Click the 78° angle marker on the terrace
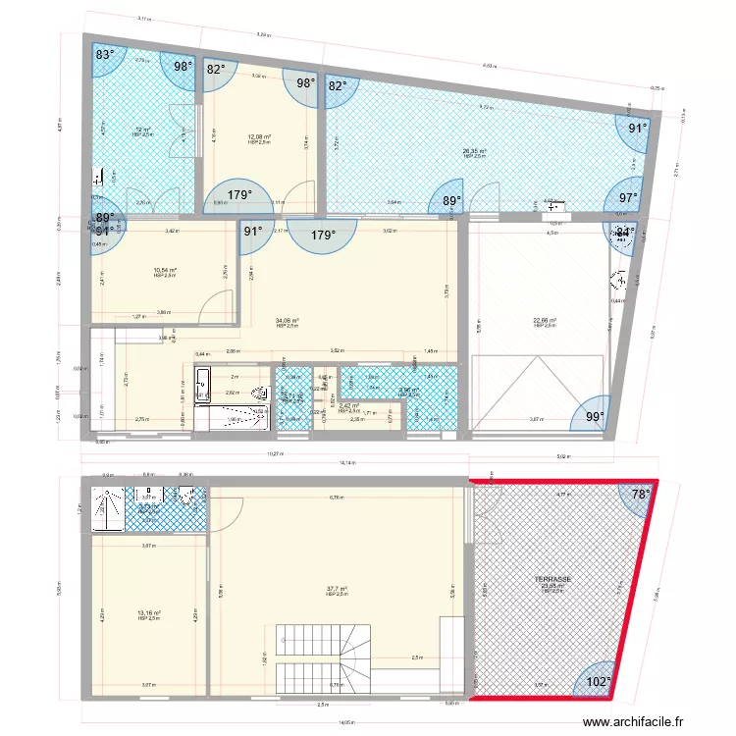pyautogui.click(x=640, y=495)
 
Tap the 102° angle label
pyautogui.click(x=598, y=681)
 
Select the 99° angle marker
pyautogui.click(x=596, y=417)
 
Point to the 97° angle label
pyautogui.click(x=627, y=197)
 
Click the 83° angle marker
pyautogui.click(x=105, y=56)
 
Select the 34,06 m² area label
pyautogui.click(x=288, y=320)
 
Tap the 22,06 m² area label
pyautogui.click(x=545, y=320)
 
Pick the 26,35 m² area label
pyautogui.click(x=475, y=151)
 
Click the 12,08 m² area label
pyautogui.click(x=259, y=136)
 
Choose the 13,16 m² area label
pyautogui.click(x=149, y=613)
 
